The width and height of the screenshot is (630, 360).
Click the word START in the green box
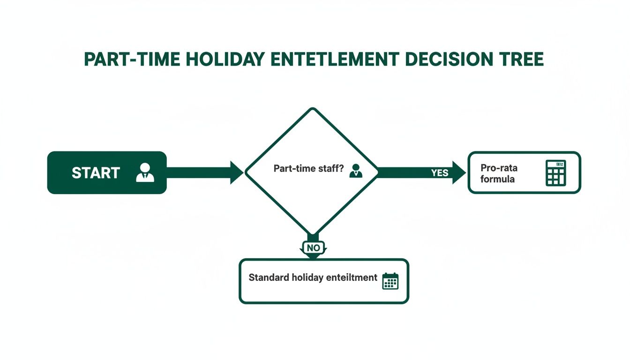pyautogui.click(x=96, y=172)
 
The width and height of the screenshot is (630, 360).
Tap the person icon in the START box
pyautogui.click(x=145, y=172)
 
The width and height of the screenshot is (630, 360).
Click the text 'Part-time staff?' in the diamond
pyautogui.click(x=306, y=169)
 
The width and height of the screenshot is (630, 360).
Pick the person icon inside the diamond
pyautogui.click(x=356, y=170)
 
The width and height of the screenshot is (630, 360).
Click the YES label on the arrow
pyautogui.click(x=440, y=172)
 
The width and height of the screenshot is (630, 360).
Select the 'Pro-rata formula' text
pyautogui.click(x=499, y=173)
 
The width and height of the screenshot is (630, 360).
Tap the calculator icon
pyautogui.click(x=556, y=172)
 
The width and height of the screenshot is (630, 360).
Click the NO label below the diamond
pyautogui.click(x=313, y=247)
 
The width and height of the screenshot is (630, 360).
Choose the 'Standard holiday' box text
pyautogui.click(x=313, y=277)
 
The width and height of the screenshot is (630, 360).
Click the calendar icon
pyautogui.click(x=390, y=280)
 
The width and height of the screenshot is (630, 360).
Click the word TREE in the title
pyautogui.click(x=522, y=60)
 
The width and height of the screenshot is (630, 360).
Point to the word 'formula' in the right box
pyautogui.click(x=497, y=179)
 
